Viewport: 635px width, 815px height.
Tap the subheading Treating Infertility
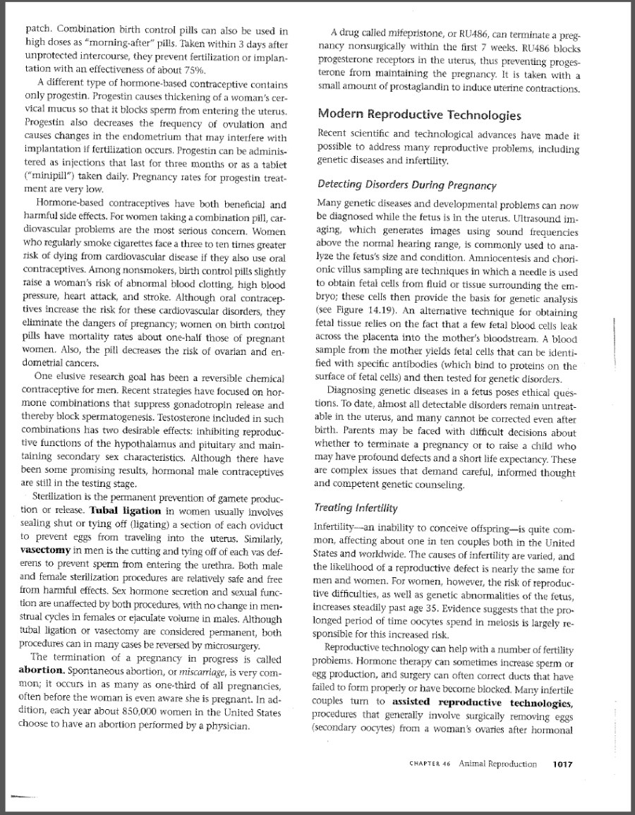click(356, 508)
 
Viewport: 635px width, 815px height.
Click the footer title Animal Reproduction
click(497, 763)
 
